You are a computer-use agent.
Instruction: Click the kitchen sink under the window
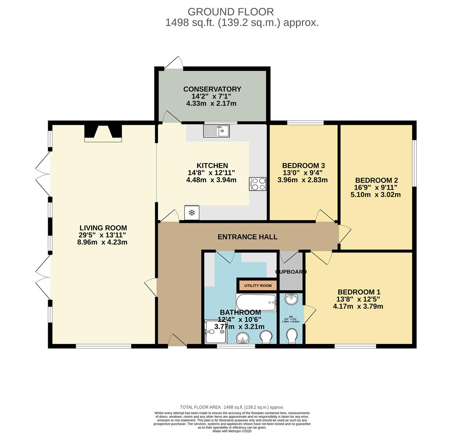216,131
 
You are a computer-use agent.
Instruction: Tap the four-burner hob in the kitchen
257,184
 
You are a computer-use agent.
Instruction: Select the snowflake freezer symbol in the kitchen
191,212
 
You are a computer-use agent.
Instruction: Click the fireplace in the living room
103,133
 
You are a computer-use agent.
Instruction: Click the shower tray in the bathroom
216,332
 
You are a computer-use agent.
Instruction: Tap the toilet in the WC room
292,336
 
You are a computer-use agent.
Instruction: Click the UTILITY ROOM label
258,286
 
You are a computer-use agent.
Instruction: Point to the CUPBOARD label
291,272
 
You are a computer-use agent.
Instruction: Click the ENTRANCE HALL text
247,237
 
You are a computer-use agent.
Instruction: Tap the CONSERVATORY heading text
212,89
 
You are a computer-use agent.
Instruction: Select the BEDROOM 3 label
303,166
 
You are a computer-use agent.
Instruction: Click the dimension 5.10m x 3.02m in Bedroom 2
376,195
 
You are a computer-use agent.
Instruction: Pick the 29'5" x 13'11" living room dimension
103,235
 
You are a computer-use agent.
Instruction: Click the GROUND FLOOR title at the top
231,12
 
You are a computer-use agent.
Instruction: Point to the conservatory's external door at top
174,64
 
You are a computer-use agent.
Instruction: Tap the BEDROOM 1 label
359,292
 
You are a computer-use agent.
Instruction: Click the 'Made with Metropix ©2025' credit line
232,431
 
